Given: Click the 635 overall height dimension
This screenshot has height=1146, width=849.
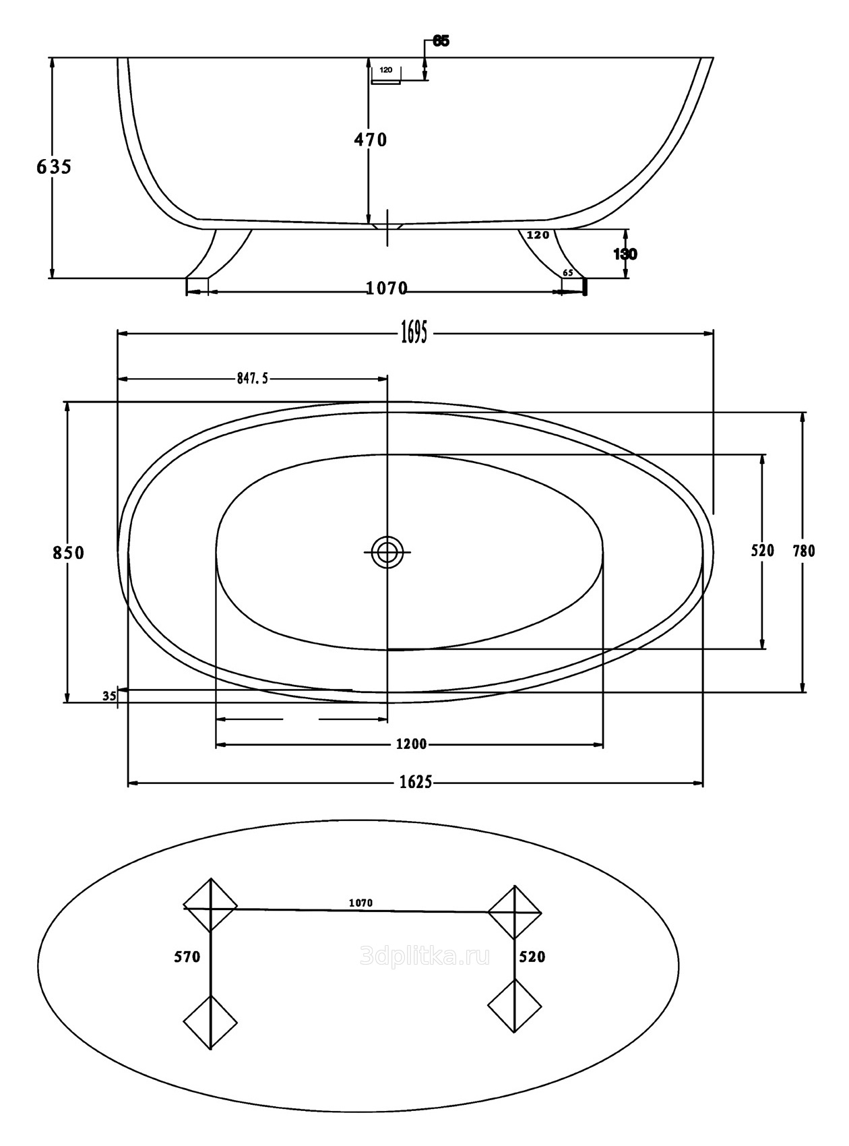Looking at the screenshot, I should pyautogui.click(x=54, y=167).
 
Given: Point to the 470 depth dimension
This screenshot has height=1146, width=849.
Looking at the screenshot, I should pyautogui.click(x=371, y=140).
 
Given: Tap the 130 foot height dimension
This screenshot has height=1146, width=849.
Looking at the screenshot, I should pyautogui.click(x=625, y=254).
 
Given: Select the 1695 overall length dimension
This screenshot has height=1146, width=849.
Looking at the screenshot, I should pyautogui.click(x=414, y=332).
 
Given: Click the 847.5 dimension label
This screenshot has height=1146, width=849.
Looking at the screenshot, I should pyautogui.click(x=253, y=379).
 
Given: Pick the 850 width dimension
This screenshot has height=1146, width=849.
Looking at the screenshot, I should pyautogui.click(x=69, y=553).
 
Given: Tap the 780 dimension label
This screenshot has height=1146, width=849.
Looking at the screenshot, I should pyautogui.click(x=804, y=551).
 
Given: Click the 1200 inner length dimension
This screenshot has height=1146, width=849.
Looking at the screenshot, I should pyautogui.click(x=411, y=744).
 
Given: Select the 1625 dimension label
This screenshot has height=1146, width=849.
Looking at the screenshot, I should pyautogui.click(x=416, y=782).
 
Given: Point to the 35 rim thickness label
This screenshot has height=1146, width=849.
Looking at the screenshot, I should pyautogui.click(x=109, y=696).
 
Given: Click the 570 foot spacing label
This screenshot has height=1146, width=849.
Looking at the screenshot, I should pyautogui.click(x=187, y=957).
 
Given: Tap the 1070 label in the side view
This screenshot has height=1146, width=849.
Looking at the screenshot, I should pyautogui.click(x=387, y=289).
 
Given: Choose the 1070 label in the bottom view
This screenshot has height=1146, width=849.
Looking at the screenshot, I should pyautogui.click(x=361, y=903).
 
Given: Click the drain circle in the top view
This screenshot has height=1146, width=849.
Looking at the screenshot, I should pyautogui.click(x=387, y=552).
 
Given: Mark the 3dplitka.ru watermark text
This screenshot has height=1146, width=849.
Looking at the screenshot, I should pyautogui.click(x=425, y=956).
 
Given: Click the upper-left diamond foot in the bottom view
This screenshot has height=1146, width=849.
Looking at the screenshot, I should pyautogui.click(x=210, y=905).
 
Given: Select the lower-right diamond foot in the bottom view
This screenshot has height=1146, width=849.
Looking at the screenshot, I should pyautogui.click(x=515, y=1006).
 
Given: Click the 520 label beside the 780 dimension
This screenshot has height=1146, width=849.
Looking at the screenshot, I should pyautogui.click(x=763, y=551).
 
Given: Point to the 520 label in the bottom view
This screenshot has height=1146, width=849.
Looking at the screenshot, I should pyautogui.click(x=532, y=957).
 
